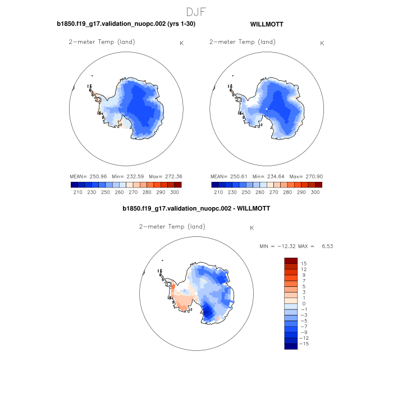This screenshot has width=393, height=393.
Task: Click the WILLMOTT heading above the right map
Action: pyautogui.click(x=267, y=25)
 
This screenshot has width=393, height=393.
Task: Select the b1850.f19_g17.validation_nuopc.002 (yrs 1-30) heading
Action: pyautogui.click(x=126, y=25)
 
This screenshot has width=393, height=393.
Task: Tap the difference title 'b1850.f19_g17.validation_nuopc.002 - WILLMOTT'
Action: pyautogui.click(x=196, y=208)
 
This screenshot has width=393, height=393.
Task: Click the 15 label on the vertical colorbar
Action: pyautogui.click(x=304, y=263)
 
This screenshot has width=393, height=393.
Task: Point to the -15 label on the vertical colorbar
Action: pyautogui.click(x=304, y=344)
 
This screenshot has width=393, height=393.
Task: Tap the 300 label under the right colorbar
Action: pyautogui.click(x=315, y=192)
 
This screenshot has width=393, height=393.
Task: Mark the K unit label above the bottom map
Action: pyautogui.click(x=252, y=228)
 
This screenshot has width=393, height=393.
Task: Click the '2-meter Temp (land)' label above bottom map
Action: pyautogui.click(x=172, y=227)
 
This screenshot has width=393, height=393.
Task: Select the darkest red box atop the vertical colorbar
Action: pyautogui.click(x=291, y=261)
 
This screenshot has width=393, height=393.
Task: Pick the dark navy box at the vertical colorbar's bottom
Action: pyautogui.click(x=291, y=346)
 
